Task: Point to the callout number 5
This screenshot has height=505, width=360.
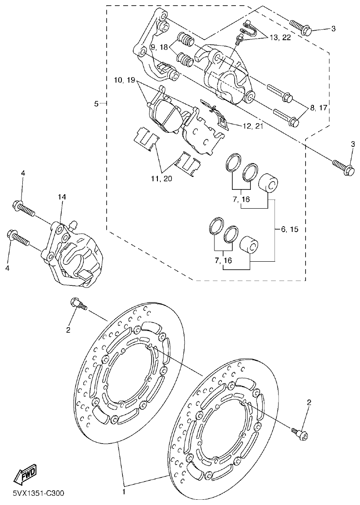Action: (x=96, y=104)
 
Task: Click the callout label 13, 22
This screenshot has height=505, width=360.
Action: (x=280, y=38)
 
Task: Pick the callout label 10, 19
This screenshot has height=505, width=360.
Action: (x=125, y=80)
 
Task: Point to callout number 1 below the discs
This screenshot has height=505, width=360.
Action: (x=124, y=492)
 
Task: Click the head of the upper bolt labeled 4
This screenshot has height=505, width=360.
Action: (x=18, y=205)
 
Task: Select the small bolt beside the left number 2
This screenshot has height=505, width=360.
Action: (x=75, y=303)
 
